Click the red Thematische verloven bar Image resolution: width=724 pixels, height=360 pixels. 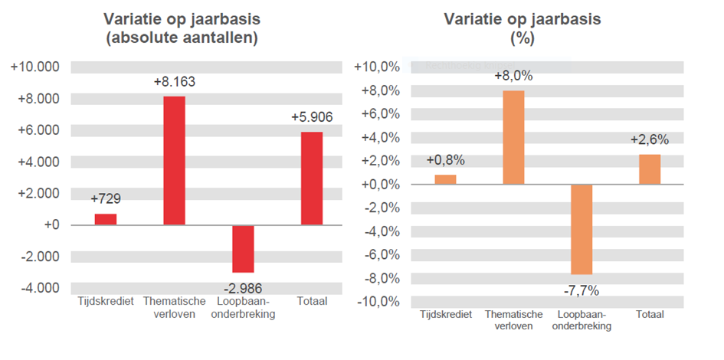(174, 160)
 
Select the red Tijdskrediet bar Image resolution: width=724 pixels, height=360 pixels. (106, 219)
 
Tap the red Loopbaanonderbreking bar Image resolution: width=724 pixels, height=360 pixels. (243, 249)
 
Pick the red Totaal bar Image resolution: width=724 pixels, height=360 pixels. (311, 178)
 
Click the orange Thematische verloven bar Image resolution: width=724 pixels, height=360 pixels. (513, 138)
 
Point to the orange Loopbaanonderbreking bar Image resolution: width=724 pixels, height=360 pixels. (581, 229)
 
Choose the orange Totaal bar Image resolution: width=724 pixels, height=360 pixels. (650, 169)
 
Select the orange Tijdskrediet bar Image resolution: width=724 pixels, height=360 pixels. (445, 179)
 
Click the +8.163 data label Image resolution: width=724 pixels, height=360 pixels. (174, 81)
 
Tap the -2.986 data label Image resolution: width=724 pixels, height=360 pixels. (243, 288)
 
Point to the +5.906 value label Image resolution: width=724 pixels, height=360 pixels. (311, 117)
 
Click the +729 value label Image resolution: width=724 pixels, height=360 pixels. (106, 199)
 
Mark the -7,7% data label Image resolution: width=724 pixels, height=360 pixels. (581, 290)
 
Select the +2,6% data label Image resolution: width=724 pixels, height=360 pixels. (650, 139)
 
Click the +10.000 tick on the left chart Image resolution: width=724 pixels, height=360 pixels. (35, 67)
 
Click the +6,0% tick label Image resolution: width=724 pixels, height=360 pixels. (381, 114)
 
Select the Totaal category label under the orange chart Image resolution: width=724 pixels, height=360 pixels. (650, 315)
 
